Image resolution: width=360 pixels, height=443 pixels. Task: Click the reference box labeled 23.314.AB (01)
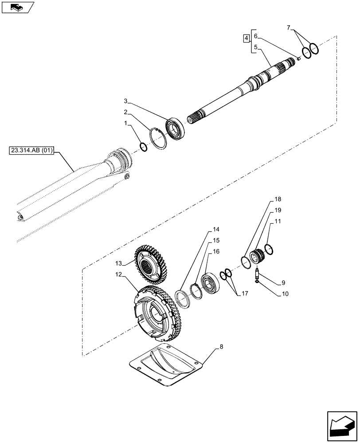(x=31, y=151)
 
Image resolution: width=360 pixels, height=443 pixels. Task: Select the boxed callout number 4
(x=246, y=39)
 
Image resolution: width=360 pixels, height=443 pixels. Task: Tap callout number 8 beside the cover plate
(x=217, y=349)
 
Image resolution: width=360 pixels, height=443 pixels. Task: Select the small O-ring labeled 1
(x=143, y=146)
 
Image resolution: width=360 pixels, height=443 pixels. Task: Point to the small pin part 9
(x=257, y=275)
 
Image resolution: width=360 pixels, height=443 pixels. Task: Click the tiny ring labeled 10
(x=258, y=284)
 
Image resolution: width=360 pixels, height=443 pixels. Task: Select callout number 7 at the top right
(x=290, y=28)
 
